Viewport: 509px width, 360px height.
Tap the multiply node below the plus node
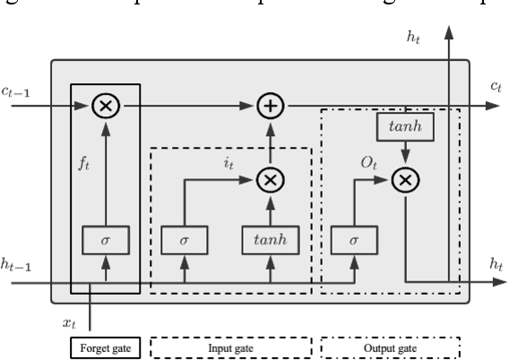click(269, 179)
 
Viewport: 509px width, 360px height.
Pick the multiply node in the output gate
click(406, 179)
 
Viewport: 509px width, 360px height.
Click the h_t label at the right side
click(494, 264)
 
